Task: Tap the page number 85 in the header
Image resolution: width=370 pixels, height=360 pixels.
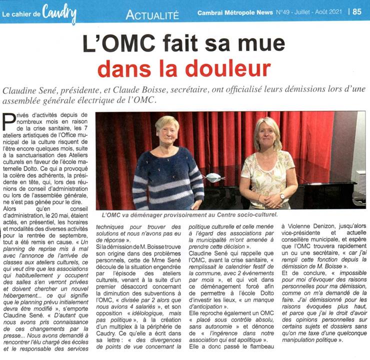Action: click(357, 11)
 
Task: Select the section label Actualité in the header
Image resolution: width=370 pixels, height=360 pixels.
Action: click(152, 15)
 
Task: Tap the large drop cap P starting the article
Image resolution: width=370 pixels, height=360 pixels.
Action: click(9, 122)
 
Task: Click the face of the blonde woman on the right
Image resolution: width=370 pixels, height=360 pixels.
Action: click(268, 135)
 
